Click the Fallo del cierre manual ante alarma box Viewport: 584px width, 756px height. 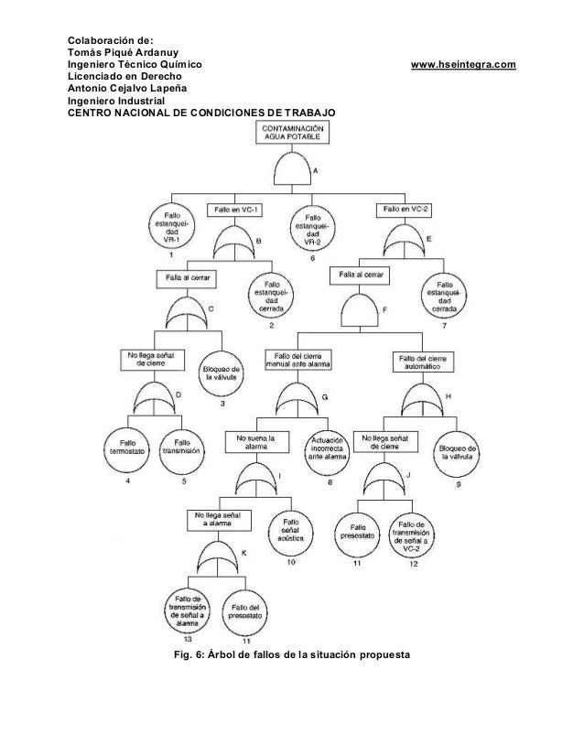point(299,359)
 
